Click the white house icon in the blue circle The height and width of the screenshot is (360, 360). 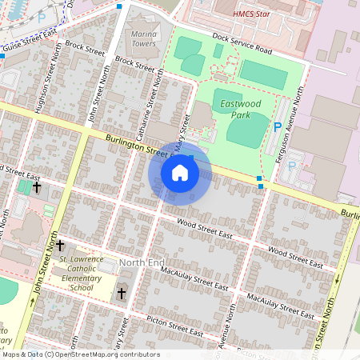click(x=180, y=172)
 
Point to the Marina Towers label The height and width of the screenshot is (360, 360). click(x=144, y=39)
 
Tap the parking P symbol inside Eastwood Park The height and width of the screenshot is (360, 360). click(x=278, y=127)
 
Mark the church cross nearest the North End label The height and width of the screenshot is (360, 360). click(x=122, y=294)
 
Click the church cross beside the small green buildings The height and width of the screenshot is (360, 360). click(x=37, y=186)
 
